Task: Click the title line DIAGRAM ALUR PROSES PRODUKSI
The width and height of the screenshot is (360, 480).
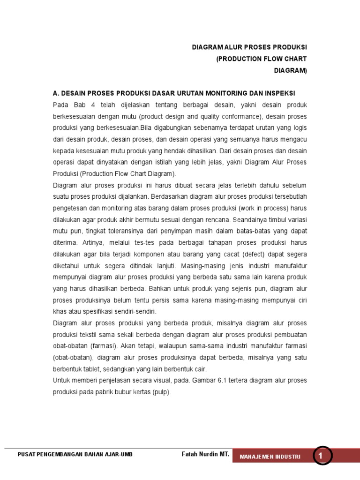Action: tap(250, 48)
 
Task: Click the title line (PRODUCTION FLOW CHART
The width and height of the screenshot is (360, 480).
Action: tap(262, 59)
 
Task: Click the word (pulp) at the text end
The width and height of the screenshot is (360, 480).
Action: tap(161, 391)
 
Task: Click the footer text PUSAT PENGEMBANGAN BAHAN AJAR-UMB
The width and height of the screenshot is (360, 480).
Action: tap(75, 455)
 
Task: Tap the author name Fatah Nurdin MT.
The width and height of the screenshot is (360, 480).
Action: tap(205, 454)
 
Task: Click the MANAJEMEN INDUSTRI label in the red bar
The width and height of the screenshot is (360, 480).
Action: tap(270, 457)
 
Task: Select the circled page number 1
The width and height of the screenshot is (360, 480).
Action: tap(321, 456)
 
